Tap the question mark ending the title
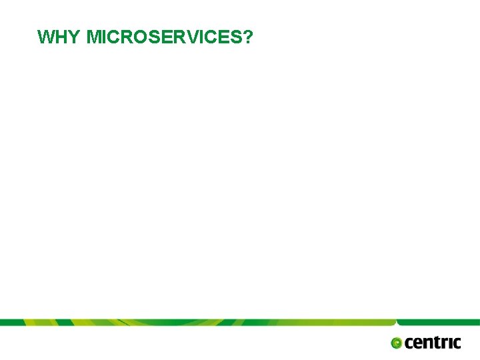[248, 37]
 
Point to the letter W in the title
[46, 37]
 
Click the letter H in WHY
[61, 37]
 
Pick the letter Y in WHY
[75, 37]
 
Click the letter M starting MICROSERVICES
[94, 37]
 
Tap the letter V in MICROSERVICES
[189, 37]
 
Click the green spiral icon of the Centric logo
[397, 343]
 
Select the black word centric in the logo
[433, 343]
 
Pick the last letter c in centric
[457, 343]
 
